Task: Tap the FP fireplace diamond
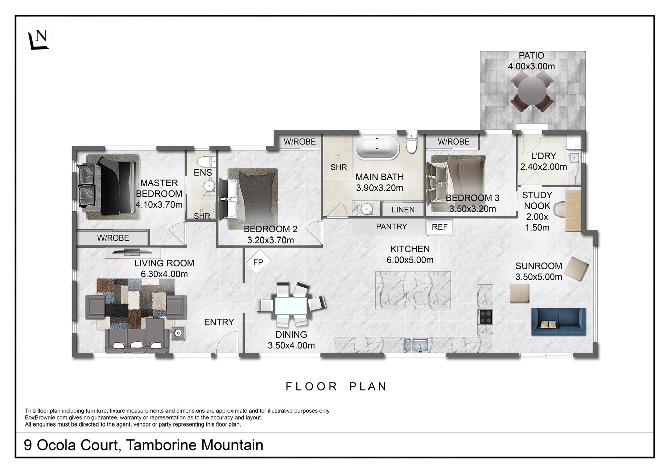[258, 262]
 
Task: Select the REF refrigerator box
[440, 227]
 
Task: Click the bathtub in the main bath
[377, 148]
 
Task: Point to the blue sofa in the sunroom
[558, 321]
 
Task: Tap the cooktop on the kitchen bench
[485, 316]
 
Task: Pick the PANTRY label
[391, 227]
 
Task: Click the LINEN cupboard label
[403, 210]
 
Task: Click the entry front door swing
[227, 342]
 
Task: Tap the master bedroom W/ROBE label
[113, 238]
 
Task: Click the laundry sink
[574, 157]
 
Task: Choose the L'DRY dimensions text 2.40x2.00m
[543, 167]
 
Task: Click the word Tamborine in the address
[161, 445]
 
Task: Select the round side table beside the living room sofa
[178, 333]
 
